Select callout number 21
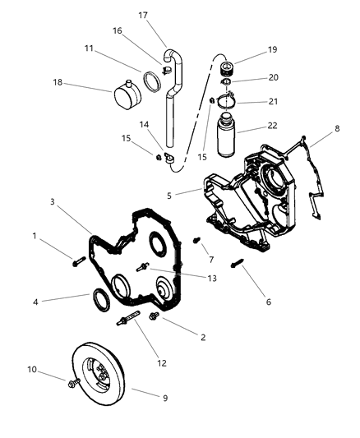270,102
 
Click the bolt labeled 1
79,262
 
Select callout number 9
164,398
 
